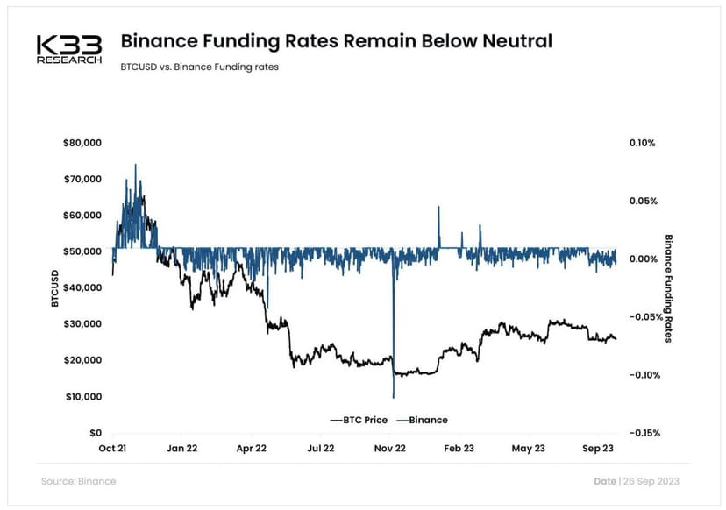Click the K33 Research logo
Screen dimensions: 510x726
[x=69, y=49]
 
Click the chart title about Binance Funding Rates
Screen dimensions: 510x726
[x=336, y=41]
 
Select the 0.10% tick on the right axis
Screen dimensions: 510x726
[x=642, y=143]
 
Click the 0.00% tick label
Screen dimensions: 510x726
[x=642, y=259]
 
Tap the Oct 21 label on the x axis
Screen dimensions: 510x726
[x=112, y=448]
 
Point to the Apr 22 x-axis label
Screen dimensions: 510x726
[x=251, y=448]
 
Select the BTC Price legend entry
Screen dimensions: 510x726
[x=359, y=420]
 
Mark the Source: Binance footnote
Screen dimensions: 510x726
[x=78, y=481]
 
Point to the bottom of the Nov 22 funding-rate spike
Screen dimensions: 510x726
[x=394, y=397]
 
